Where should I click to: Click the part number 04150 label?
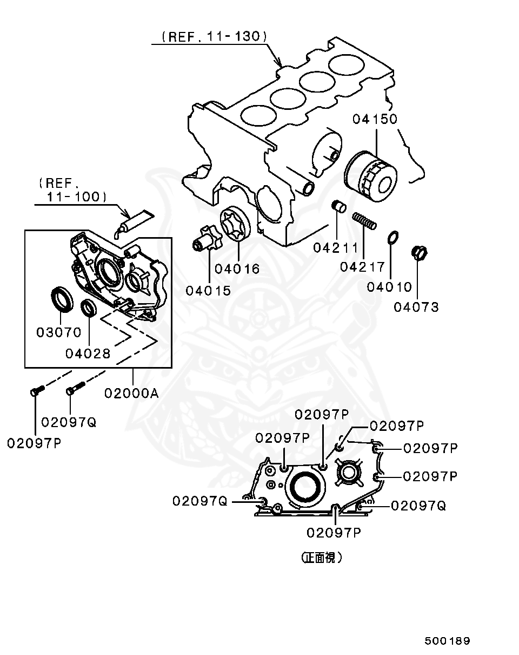(x=375, y=119)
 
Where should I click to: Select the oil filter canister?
(x=370, y=176)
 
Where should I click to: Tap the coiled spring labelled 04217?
(x=364, y=221)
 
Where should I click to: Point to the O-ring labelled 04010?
(x=394, y=237)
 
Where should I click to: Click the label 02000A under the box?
(x=131, y=393)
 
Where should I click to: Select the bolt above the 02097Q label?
(x=74, y=389)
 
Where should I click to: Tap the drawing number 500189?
(x=447, y=641)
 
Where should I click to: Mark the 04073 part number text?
(x=416, y=307)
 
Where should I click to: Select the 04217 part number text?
(x=362, y=267)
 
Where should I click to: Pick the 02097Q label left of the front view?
(x=200, y=501)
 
